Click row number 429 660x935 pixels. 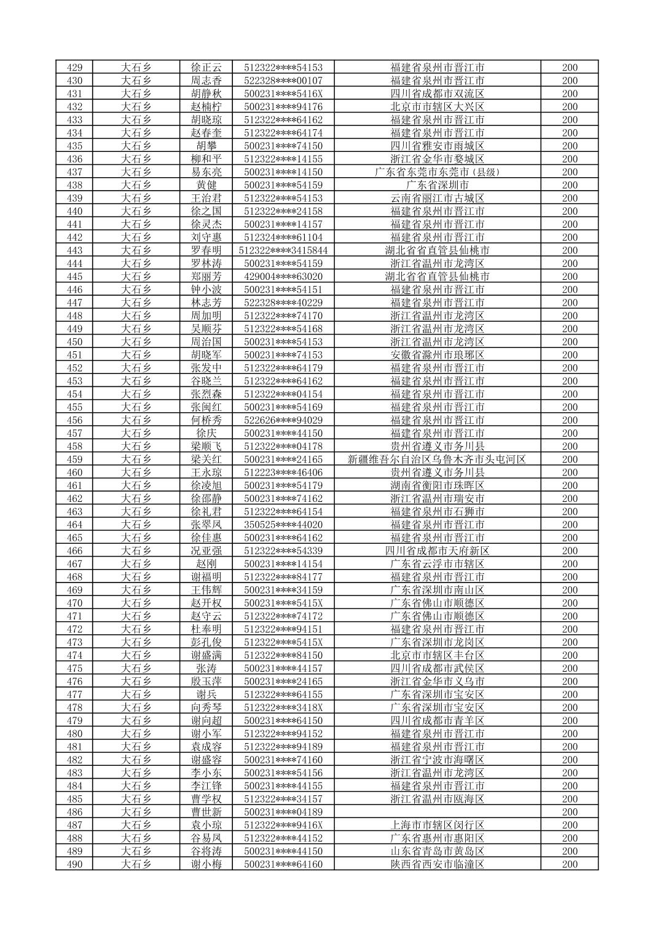74,68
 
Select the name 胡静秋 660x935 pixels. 206,94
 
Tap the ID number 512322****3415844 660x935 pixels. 283,250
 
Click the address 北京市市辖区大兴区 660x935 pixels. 438,107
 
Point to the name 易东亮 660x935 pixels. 206,172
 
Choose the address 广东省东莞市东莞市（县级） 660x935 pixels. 438,172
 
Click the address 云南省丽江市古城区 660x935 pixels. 438,198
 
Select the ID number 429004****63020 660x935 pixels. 283,277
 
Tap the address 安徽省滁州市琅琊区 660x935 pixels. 438,355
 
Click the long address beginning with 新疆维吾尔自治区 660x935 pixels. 438,460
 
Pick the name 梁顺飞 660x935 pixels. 206,447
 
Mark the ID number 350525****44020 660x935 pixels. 283,525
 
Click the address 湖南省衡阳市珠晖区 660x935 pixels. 438,485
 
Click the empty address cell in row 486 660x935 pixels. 438,812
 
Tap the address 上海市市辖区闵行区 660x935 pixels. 438,825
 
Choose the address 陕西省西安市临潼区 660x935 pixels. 438,864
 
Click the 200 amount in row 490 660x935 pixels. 570,864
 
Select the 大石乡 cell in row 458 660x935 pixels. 136,447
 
